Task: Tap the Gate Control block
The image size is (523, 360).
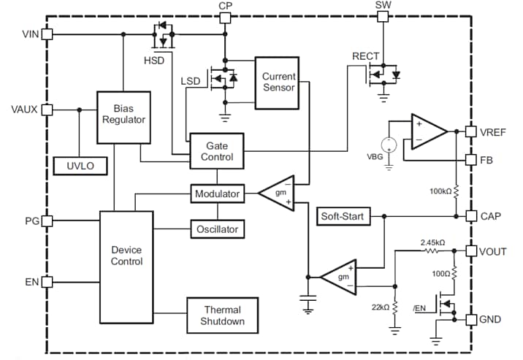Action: coord(216,151)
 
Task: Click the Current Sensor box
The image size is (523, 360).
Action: coord(278,82)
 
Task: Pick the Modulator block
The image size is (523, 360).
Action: coord(217,194)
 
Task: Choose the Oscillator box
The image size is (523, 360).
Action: coord(217,229)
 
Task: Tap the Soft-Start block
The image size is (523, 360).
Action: coord(343,216)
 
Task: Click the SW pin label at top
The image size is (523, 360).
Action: coord(383,6)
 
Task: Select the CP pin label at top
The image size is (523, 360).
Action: coord(225,6)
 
